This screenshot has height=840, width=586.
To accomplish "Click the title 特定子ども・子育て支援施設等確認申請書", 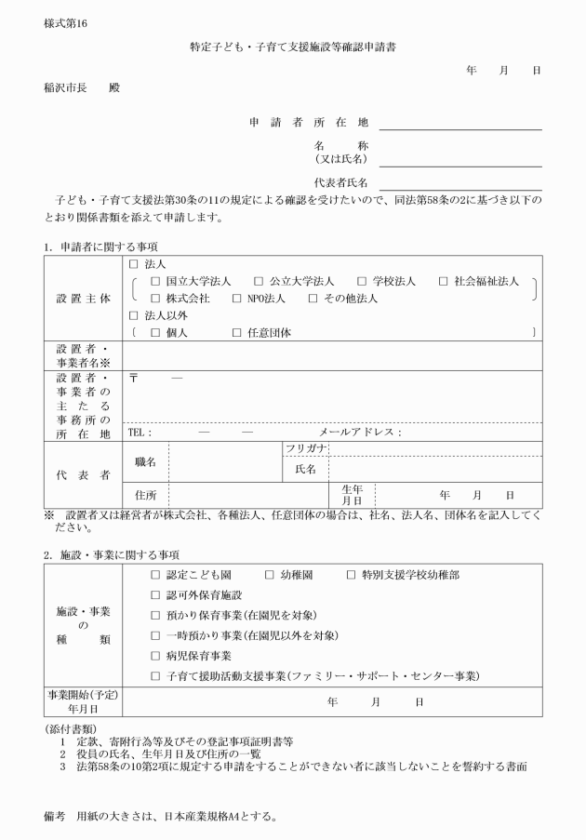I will pos(294,45).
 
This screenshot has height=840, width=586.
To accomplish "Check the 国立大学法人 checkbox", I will pos(155,281).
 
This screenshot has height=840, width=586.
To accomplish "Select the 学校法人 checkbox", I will pos(363,281).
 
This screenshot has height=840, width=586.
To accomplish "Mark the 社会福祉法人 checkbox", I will pos(443,281).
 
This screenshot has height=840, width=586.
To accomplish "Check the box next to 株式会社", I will pos(155,299).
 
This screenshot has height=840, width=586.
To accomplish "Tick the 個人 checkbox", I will pos(155,333).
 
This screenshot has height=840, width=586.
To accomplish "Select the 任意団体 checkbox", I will pos(237,333).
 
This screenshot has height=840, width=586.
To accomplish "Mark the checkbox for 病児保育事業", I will pos(155,656).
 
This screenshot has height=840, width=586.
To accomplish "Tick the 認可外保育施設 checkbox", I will pos(155,594).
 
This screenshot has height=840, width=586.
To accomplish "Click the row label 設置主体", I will pos(83,299).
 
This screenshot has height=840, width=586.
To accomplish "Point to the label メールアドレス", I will pos(359,433).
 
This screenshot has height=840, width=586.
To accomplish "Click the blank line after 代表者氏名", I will pos(459,187).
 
